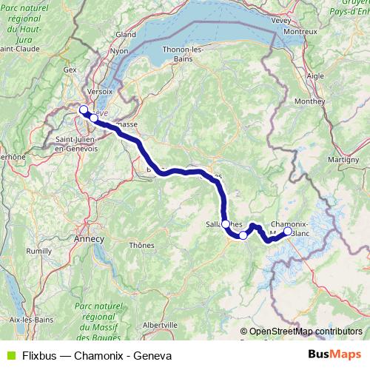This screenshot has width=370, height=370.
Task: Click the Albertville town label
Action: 158,324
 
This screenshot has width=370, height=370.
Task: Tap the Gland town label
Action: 125,34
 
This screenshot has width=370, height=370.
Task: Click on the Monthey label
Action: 305,101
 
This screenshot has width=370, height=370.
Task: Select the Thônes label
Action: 141,245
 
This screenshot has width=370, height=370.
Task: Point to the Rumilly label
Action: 38,251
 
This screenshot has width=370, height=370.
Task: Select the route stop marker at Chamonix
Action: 288,230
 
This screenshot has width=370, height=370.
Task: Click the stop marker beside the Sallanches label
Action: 225,223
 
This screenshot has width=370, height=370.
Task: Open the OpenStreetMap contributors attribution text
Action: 306,331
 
